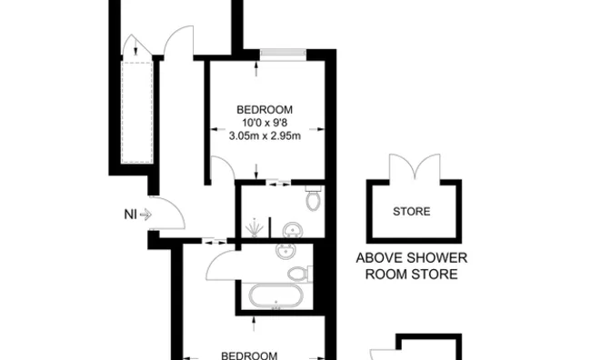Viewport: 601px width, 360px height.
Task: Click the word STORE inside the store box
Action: point(412,213)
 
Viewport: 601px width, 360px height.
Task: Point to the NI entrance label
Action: point(131,215)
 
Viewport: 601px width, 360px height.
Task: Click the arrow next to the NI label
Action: point(146,215)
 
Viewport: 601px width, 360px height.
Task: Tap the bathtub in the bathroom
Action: point(274,295)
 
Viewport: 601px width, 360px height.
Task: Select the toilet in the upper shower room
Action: point(313,198)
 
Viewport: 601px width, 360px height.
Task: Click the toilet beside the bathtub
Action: point(297,273)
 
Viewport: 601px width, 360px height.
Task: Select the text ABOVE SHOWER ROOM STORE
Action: point(406,265)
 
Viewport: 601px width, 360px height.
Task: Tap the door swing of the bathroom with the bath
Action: point(222,266)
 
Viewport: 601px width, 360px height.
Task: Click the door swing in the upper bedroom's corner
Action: point(223,169)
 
